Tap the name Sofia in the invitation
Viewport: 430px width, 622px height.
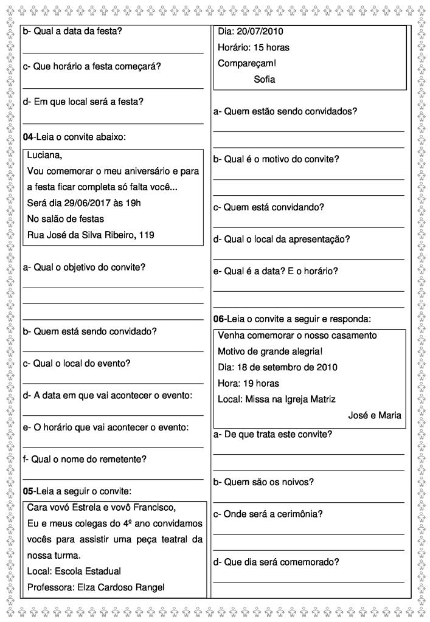[x=265, y=79]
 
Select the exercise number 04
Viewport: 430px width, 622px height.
[x=28, y=137]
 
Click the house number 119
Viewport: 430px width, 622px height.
[x=147, y=235]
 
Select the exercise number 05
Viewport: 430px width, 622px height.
[x=28, y=491]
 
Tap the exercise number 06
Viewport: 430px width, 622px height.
[x=219, y=319]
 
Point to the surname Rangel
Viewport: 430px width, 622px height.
[x=150, y=587]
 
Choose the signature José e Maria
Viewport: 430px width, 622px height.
[x=375, y=416]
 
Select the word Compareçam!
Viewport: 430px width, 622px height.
[x=246, y=63]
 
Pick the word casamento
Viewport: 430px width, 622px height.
[x=352, y=335]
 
